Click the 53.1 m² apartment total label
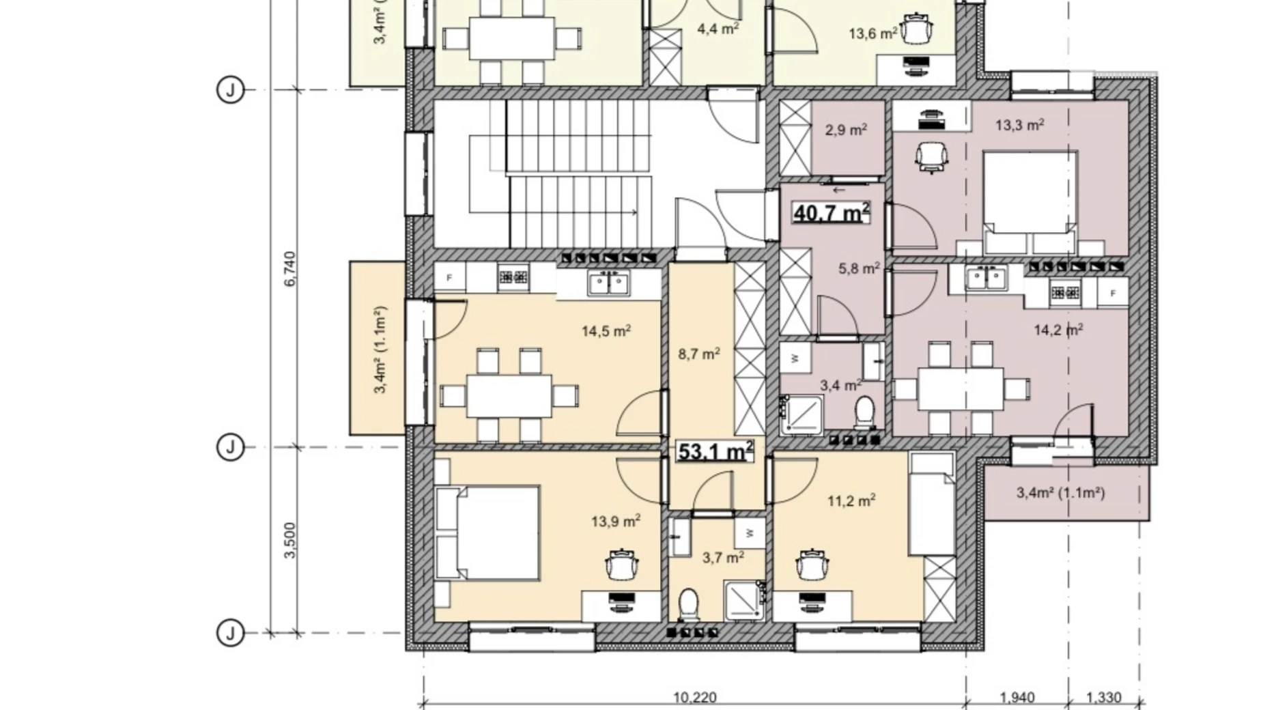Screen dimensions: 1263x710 pos(715,451)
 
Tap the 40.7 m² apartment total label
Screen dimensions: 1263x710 pos(831,212)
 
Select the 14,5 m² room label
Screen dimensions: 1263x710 pos(606,331)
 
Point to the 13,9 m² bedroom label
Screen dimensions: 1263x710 pos(615,522)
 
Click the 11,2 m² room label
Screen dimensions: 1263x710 pos(851,501)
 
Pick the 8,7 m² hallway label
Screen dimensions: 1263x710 pos(699,354)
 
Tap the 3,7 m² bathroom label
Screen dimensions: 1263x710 pos(723,558)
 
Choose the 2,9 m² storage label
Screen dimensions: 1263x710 pos(846,130)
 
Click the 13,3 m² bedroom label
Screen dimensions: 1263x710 pos(1019,125)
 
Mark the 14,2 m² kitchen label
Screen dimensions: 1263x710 pos(1058,330)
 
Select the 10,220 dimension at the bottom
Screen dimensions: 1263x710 pos(695,698)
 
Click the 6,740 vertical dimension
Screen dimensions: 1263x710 pos(290,269)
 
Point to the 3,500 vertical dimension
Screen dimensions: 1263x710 pos(290,541)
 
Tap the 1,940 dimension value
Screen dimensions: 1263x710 pos(1017,698)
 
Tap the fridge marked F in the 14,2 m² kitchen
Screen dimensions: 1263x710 pos(1113,294)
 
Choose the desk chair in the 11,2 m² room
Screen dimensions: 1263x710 pos(812,564)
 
